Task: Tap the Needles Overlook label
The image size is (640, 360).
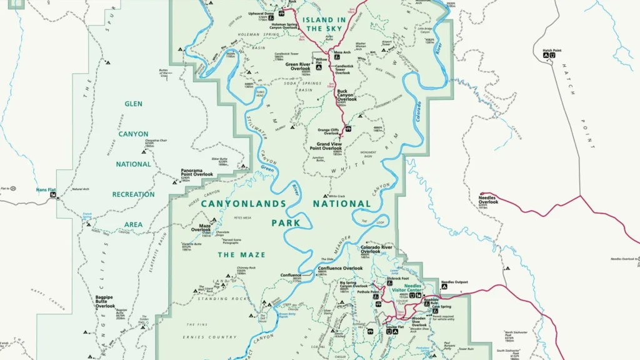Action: [489, 199]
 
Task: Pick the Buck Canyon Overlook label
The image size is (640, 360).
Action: [347, 95]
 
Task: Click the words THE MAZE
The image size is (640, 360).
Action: [241, 255]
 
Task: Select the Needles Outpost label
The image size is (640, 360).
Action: [454, 282]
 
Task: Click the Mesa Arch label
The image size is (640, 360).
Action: [342, 52]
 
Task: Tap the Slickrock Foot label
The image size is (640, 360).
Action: [397, 278]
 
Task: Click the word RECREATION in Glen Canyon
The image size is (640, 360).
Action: [133, 194]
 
